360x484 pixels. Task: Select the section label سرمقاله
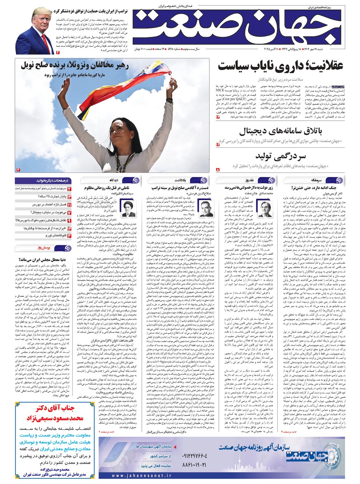coord(317,180)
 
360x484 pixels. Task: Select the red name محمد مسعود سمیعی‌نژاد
coord(55,418)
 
